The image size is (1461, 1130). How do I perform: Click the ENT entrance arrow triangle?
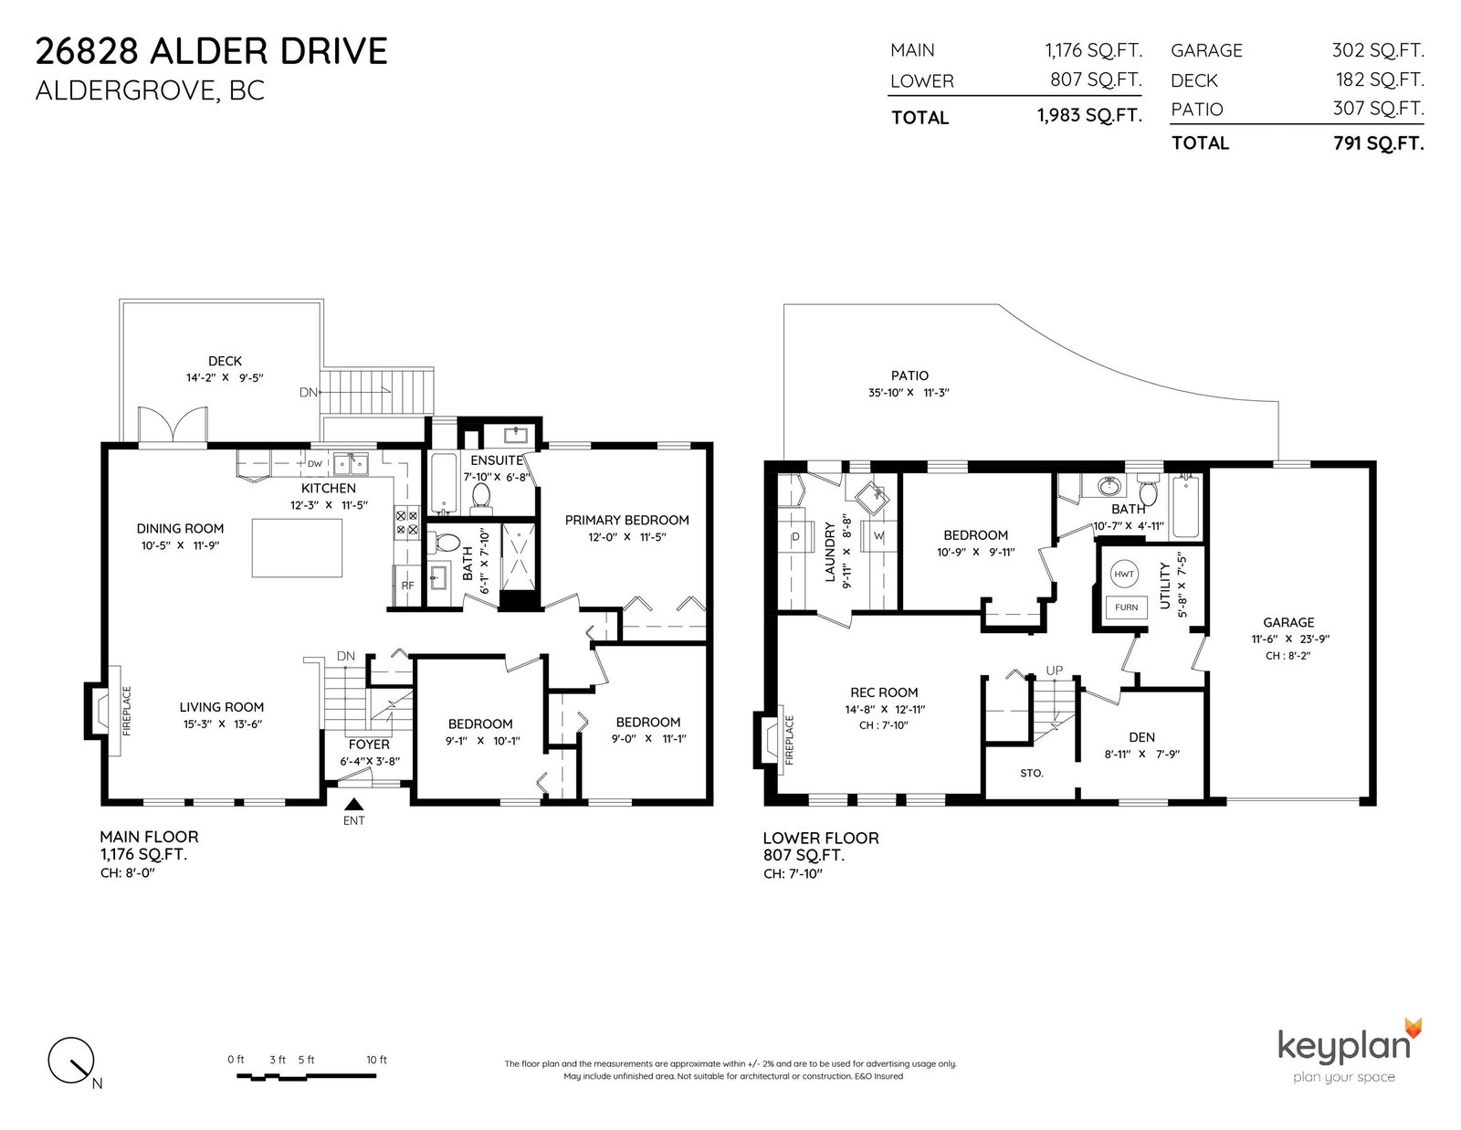coord(353,804)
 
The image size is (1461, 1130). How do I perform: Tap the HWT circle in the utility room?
coord(1123,574)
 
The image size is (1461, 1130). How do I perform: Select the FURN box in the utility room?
coord(1126,607)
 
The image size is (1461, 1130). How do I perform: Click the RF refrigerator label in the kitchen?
coord(407,586)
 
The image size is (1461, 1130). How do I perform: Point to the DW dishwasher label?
coord(315,463)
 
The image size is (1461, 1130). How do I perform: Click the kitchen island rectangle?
coord(297,547)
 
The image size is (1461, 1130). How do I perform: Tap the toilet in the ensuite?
coord(480,495)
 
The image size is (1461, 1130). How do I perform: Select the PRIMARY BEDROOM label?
coord(626,520)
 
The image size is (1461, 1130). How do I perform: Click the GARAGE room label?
coord(1288,622)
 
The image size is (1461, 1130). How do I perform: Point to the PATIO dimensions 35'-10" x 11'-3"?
coord(909,393)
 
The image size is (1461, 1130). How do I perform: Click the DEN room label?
coord(1141,737)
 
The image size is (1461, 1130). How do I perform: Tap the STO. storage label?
coord(1031,774)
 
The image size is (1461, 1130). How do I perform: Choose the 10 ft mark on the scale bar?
coord(376,1060)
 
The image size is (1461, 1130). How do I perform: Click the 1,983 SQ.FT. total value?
coord(1089,116)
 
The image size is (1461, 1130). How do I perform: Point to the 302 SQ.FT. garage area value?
coord(1378,50)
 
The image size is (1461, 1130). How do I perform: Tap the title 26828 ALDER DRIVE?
coord(211,51)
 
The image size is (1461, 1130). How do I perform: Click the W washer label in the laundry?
coord(878,536)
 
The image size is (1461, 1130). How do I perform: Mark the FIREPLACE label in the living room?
coord(127,711)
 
